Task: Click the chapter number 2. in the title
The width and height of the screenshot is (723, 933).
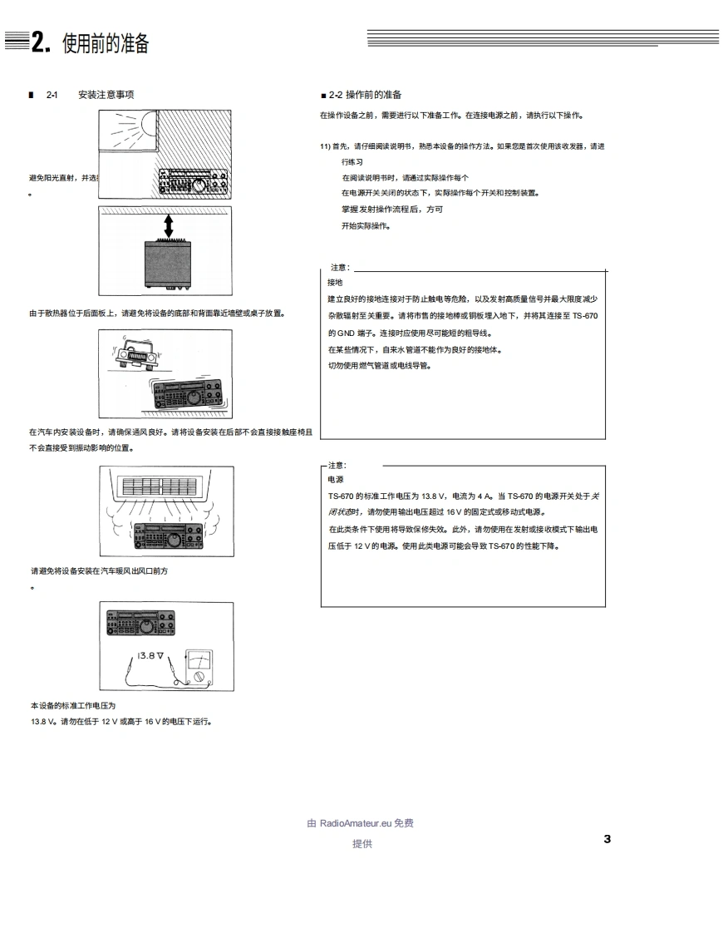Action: coord(42,43)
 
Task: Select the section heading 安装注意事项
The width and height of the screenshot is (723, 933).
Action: coord(106,95)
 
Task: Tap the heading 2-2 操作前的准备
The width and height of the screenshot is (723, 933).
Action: coord(365,95)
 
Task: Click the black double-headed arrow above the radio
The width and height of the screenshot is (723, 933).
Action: coord(168,225)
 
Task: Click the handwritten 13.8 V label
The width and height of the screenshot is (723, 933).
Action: coord(150,655)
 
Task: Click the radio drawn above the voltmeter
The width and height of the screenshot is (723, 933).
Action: coord(141,624)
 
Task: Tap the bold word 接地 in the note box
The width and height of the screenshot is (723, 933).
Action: coord(335,282)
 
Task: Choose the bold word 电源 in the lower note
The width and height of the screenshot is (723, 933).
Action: coord(336,480)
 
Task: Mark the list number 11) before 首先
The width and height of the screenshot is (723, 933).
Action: coord(325,146)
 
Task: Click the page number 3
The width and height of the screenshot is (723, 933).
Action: coord(607,838)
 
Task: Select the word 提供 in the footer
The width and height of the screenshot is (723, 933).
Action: coord(362,844)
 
